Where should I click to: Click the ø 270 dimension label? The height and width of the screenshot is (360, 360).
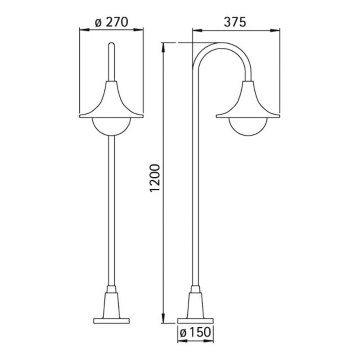[111, 22]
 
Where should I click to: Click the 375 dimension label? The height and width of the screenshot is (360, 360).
[235, 22]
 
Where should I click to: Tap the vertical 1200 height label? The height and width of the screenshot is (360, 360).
[154, 178]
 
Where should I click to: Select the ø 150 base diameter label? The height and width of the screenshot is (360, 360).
[195, 332]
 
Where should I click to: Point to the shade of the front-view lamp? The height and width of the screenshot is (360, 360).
[111, 101]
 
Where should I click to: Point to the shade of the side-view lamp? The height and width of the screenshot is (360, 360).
[248, 101]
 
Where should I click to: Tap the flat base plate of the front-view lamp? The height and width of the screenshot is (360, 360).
[111, 321]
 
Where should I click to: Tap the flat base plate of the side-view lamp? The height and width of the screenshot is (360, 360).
[195, 321]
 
